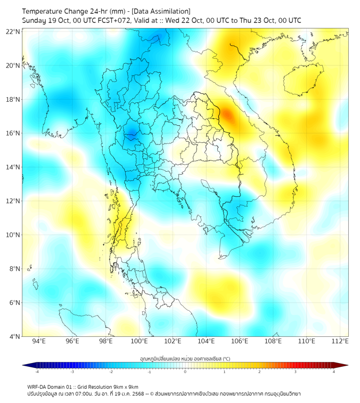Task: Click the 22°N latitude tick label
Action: (x=13, y=31)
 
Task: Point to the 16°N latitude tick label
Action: (x=13, y=133)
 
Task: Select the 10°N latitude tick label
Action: (x=13, y=235)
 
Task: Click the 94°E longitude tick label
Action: (x=39, y=341)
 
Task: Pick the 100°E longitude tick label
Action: (x=139, y=341)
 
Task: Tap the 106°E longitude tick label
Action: (x=240, y=341)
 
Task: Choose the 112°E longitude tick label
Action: (x=340, y=341)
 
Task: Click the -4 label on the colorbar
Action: (x=36, y=372)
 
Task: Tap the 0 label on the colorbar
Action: (x=185, y=372)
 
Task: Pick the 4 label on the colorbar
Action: (x=334, y=372)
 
